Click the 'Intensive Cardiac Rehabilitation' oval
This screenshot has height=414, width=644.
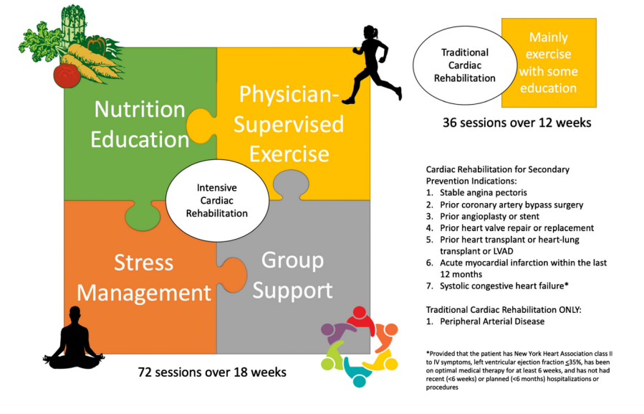pos(217,200)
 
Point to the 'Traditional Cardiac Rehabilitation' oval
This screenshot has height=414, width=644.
pos(465,65)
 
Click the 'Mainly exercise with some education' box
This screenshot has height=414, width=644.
pos(549,62)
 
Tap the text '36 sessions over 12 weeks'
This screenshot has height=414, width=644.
pos(516,123)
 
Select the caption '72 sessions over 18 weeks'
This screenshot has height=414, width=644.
pos(212,372)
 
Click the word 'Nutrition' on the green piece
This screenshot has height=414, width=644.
pos(140,110)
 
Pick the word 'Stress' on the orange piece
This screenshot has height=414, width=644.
pos(143,263)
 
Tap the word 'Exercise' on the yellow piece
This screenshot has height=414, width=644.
pos(289,154)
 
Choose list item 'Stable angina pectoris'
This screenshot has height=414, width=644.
pos(483,192)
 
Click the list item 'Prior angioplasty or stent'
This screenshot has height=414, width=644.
pos(489,217)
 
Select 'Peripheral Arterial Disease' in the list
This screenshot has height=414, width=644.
pos(492,321)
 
